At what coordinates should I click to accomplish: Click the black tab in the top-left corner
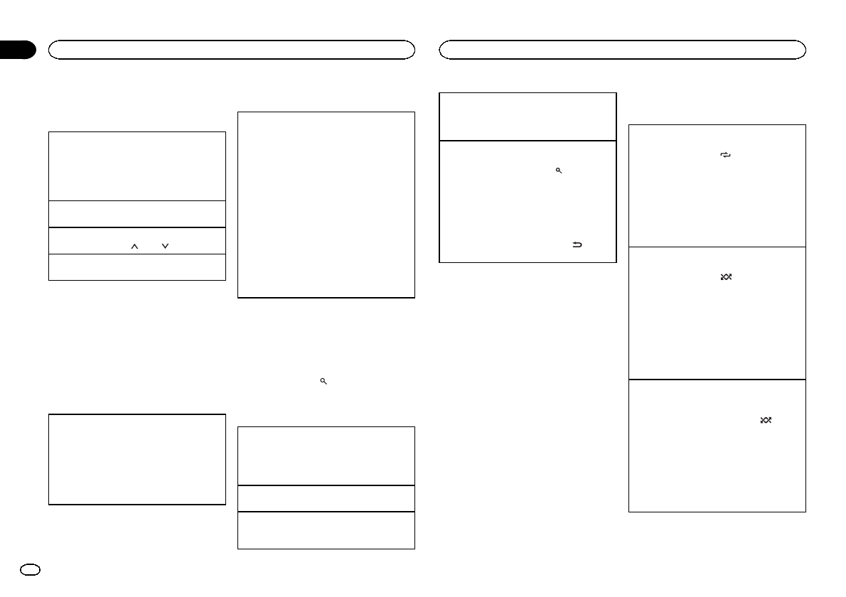pos(17,50)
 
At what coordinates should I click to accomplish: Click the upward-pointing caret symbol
pos(134,247)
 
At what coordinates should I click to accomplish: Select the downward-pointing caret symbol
pos(165,247)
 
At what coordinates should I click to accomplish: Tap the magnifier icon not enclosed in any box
pos(323,382)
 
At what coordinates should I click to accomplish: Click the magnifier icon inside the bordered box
pos(559,171)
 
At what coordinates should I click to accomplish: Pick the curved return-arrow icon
pos(577,245)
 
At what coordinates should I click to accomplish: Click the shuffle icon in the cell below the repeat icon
pos(726,276)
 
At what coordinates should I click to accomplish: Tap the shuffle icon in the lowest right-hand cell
pos(766,421)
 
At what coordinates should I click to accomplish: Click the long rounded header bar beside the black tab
pos(232,50)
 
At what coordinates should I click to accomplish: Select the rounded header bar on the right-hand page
pos(623,50)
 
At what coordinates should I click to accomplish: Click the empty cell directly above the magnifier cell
pos(528,116)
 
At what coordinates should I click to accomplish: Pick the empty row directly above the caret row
pos(136,214)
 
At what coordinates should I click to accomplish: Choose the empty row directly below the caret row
pos(136,267)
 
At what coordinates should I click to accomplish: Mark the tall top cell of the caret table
pos(136,166)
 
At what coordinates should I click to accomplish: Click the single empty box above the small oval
pos(136,459)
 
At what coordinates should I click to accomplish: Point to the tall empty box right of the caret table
pos(326,204)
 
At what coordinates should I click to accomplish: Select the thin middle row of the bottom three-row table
pos(326,498)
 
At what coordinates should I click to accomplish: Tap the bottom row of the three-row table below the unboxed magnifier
pos(326,530)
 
